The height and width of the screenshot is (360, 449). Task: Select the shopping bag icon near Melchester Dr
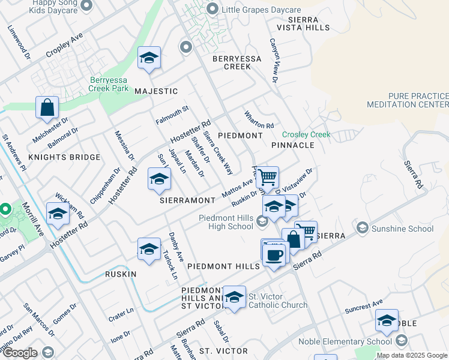[47, 108]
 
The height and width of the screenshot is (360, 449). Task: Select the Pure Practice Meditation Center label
[417, 100]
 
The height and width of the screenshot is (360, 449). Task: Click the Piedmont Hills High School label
[226, 222]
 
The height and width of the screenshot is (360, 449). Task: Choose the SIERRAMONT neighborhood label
[187, 200]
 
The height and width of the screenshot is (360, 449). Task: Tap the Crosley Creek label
[306, 135]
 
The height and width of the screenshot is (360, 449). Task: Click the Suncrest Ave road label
[364, 309]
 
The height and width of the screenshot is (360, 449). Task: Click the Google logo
[20, 353]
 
